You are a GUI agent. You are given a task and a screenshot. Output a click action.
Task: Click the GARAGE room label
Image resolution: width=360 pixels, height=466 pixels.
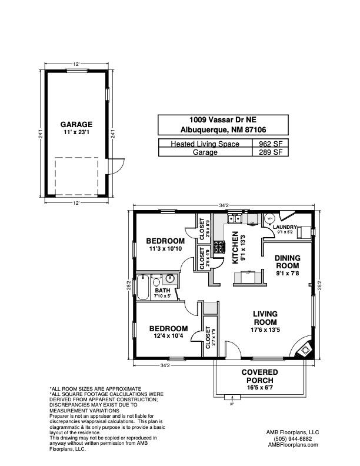pos(76,125)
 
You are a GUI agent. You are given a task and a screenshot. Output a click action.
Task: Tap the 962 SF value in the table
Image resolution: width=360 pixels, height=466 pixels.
pos(269,143)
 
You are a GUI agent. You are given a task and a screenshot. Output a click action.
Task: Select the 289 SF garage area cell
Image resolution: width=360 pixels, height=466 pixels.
pos(269,152)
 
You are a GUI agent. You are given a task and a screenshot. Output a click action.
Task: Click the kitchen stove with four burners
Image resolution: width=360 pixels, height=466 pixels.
pos(219,247)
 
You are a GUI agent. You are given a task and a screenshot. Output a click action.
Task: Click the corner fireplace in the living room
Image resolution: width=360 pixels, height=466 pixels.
pos(305,348)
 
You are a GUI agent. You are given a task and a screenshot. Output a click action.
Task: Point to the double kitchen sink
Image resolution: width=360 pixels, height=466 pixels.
pos(235,219)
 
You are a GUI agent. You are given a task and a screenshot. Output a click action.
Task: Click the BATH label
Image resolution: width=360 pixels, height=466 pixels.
pos(162,291)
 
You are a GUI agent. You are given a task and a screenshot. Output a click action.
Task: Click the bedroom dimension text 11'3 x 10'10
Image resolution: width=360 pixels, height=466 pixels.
pos(165,249)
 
